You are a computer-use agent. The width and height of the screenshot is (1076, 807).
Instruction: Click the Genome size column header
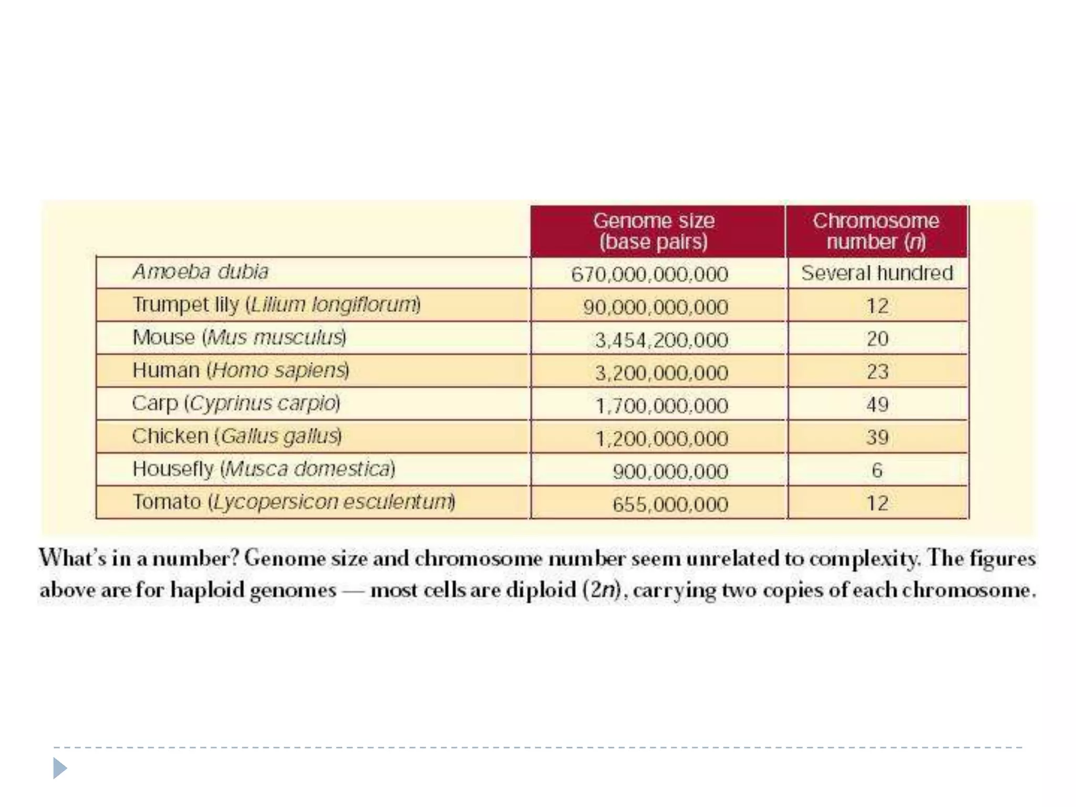tap(654, 231)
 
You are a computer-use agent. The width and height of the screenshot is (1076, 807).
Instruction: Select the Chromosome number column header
tap(876, 231)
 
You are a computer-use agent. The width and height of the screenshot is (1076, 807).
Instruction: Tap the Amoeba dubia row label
tap(200, 272)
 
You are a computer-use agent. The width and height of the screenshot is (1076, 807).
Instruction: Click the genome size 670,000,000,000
tap(649, 274)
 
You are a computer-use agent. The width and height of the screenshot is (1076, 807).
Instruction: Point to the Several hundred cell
tap(877, 273)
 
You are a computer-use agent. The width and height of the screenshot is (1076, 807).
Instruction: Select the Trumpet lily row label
tap(276, 305)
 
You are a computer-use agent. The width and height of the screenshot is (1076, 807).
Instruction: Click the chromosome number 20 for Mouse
tap(877, 339)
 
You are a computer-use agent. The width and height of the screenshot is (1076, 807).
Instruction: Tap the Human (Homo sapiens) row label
tap(241, 370)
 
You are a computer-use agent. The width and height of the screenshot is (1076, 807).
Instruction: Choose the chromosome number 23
tap(877, 372)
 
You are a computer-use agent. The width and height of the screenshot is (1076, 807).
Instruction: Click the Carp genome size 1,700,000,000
tap(661, 406)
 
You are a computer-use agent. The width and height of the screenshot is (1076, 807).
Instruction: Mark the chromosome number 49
tap(877, 405)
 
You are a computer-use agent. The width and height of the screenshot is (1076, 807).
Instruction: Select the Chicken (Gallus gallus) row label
tap(237, 436)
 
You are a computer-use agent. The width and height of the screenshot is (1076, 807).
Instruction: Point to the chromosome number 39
tap(877, 438)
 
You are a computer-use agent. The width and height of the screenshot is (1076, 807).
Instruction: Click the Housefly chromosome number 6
tap(877, 470)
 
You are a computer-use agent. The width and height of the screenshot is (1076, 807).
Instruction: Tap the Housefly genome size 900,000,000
tap(670, 472)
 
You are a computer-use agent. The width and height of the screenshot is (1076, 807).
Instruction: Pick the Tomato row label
tap(293, 502)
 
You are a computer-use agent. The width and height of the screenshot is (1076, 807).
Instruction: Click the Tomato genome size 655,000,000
tap(670, 504)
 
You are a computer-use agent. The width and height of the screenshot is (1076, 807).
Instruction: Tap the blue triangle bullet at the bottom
tap(60, 769)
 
